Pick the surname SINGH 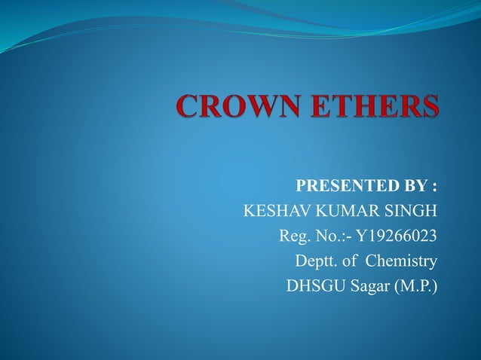tap(411, 211)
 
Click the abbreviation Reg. tap(293, 236)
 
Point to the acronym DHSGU tap(313, 288)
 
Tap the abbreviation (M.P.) tap(415, 288)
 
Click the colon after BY tap(434, 185)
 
